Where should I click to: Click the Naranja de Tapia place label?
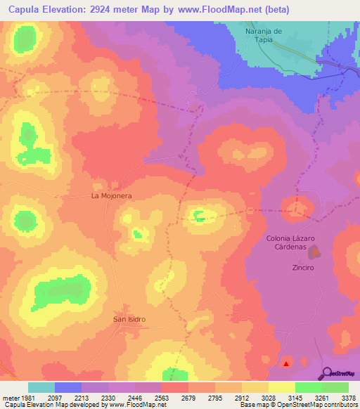(x=264, y=35)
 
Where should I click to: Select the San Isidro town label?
(x=129, y=319)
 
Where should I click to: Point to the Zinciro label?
(x=302, y=268)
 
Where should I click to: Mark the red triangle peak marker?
(x=286, y=363)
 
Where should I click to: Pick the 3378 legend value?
(x=349, y=398)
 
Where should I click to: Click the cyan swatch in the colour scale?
(x=41, y=387)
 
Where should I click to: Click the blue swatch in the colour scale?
(x=68, y=387)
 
